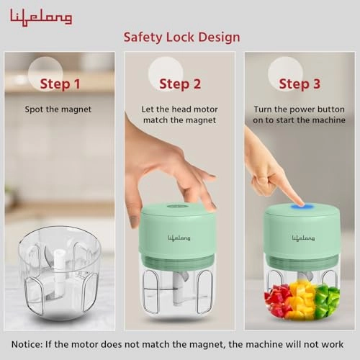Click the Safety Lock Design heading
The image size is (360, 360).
[181, 37]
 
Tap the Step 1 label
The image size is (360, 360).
[60, 84]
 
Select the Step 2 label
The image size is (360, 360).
[180, 84]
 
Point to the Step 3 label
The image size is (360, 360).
[299, 84]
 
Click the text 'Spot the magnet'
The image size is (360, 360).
[60, 109]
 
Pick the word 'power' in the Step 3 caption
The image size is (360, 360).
[300, 109]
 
